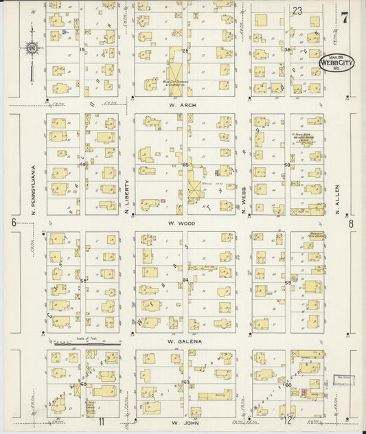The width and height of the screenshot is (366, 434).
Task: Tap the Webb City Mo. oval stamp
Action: tap(336, 63)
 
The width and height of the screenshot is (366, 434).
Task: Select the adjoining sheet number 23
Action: tap(297, 11)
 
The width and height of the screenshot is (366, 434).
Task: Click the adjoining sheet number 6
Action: tap(13, 222)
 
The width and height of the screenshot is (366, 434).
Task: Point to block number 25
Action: tap(185, 50)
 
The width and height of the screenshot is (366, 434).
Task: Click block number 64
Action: tap(185, 280)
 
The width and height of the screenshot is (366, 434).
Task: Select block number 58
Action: tap(287, 165)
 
